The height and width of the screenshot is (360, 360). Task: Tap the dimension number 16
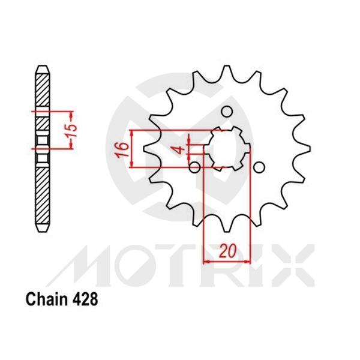point(124,149)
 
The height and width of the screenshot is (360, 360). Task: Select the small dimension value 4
point(178,149)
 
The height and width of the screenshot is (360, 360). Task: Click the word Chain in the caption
point(43,298)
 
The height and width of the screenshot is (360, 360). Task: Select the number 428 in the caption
point(81,298)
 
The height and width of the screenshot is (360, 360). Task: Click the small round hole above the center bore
point(227,112)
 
